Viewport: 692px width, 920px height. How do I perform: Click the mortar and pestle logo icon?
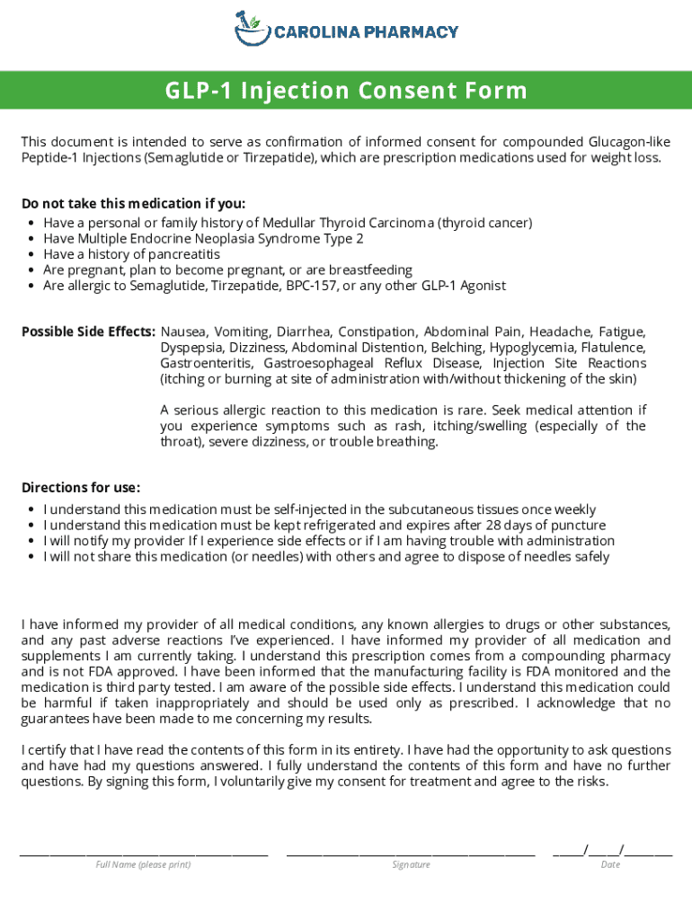[252, 28]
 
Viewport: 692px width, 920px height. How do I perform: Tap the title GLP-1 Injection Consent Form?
[346, 91]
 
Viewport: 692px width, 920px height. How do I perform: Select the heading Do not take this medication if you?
[133, 203]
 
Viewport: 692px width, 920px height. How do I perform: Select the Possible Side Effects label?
[88, 332]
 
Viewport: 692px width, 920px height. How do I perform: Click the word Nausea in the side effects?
[183, 332]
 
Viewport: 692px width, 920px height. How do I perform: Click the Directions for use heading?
[81, 488]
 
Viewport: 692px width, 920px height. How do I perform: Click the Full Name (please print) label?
[144, 864]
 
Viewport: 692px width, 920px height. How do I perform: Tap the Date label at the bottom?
[611, 864]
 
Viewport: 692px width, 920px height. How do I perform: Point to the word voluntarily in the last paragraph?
[253, 782]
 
